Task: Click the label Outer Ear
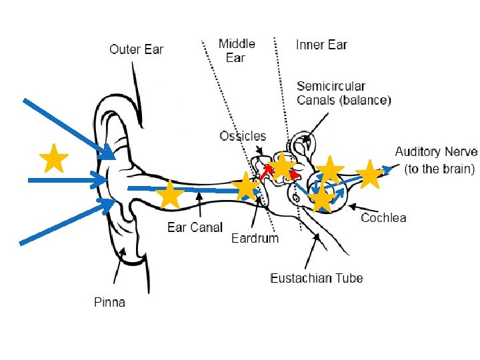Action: pos(136,49)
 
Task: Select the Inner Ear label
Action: pos(321,45)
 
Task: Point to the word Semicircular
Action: pos(331,86)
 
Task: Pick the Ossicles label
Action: pos(243,136)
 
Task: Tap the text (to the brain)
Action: pos(439,169)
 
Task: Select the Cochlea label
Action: pos(383,217)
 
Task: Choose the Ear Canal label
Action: pos(195,227)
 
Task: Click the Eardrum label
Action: pos(255,238)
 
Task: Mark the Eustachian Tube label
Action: pos(317,278)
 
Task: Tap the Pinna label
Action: pos(109,302)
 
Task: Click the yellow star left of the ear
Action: pos(53,159)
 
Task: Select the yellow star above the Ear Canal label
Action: pos(171,195)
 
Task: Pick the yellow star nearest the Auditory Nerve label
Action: pos(369,175)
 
